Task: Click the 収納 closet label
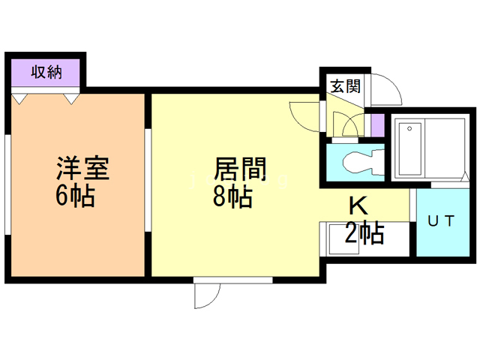pos(46,73)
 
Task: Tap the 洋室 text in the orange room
pos(82,167)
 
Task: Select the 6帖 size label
pos(74,196)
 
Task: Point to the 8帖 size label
pos(232,196)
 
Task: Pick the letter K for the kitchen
pos(356,205)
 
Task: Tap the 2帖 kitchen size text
pos(364,233)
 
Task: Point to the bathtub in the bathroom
pos(410,148)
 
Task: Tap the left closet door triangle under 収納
pos(20,98)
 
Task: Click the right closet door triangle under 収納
pos(71,98)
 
